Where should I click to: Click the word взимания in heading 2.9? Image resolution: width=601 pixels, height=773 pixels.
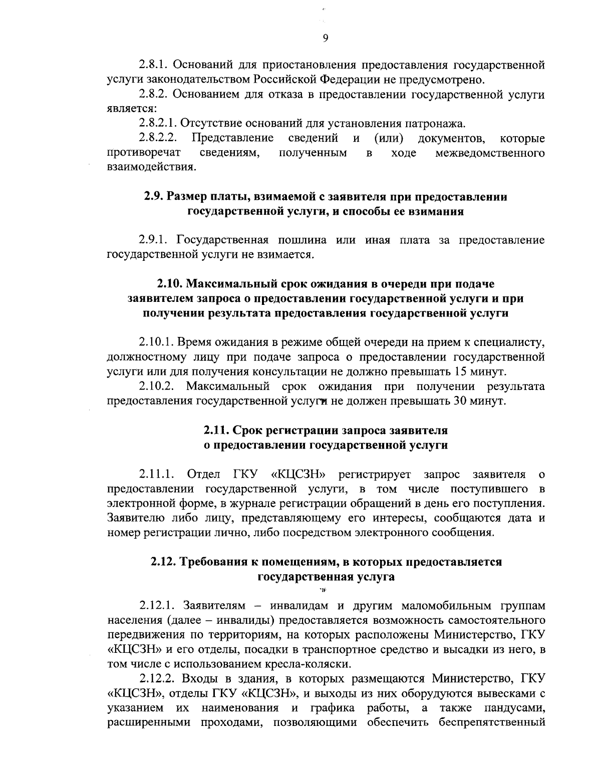point(436,211)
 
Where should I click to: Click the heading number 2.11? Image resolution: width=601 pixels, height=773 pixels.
point(216,431)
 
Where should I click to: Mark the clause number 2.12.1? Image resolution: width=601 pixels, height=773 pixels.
point(157,606)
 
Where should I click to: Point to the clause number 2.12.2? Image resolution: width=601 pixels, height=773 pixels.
point(157,679)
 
